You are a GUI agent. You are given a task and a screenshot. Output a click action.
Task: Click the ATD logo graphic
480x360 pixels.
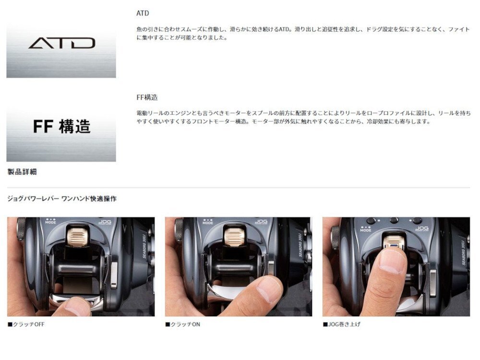tap(61, 44)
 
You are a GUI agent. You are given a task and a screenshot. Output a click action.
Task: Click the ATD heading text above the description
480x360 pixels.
tap(143, 13)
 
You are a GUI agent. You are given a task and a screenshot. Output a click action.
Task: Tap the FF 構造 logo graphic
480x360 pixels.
tap(61, 127)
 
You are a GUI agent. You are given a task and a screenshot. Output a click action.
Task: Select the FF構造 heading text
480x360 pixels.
tap(147, 97)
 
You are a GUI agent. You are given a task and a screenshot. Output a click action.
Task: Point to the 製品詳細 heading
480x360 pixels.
tap(22, 172)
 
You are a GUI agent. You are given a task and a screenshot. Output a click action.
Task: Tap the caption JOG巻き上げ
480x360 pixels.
tap(344, 324)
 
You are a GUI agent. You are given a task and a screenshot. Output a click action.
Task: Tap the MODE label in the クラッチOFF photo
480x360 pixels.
tap(50, 222)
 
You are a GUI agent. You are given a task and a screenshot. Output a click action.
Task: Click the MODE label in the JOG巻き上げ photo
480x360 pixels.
tap(366, 230)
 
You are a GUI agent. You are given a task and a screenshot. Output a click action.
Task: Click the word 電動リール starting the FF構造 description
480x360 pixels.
tap(150, 113)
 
